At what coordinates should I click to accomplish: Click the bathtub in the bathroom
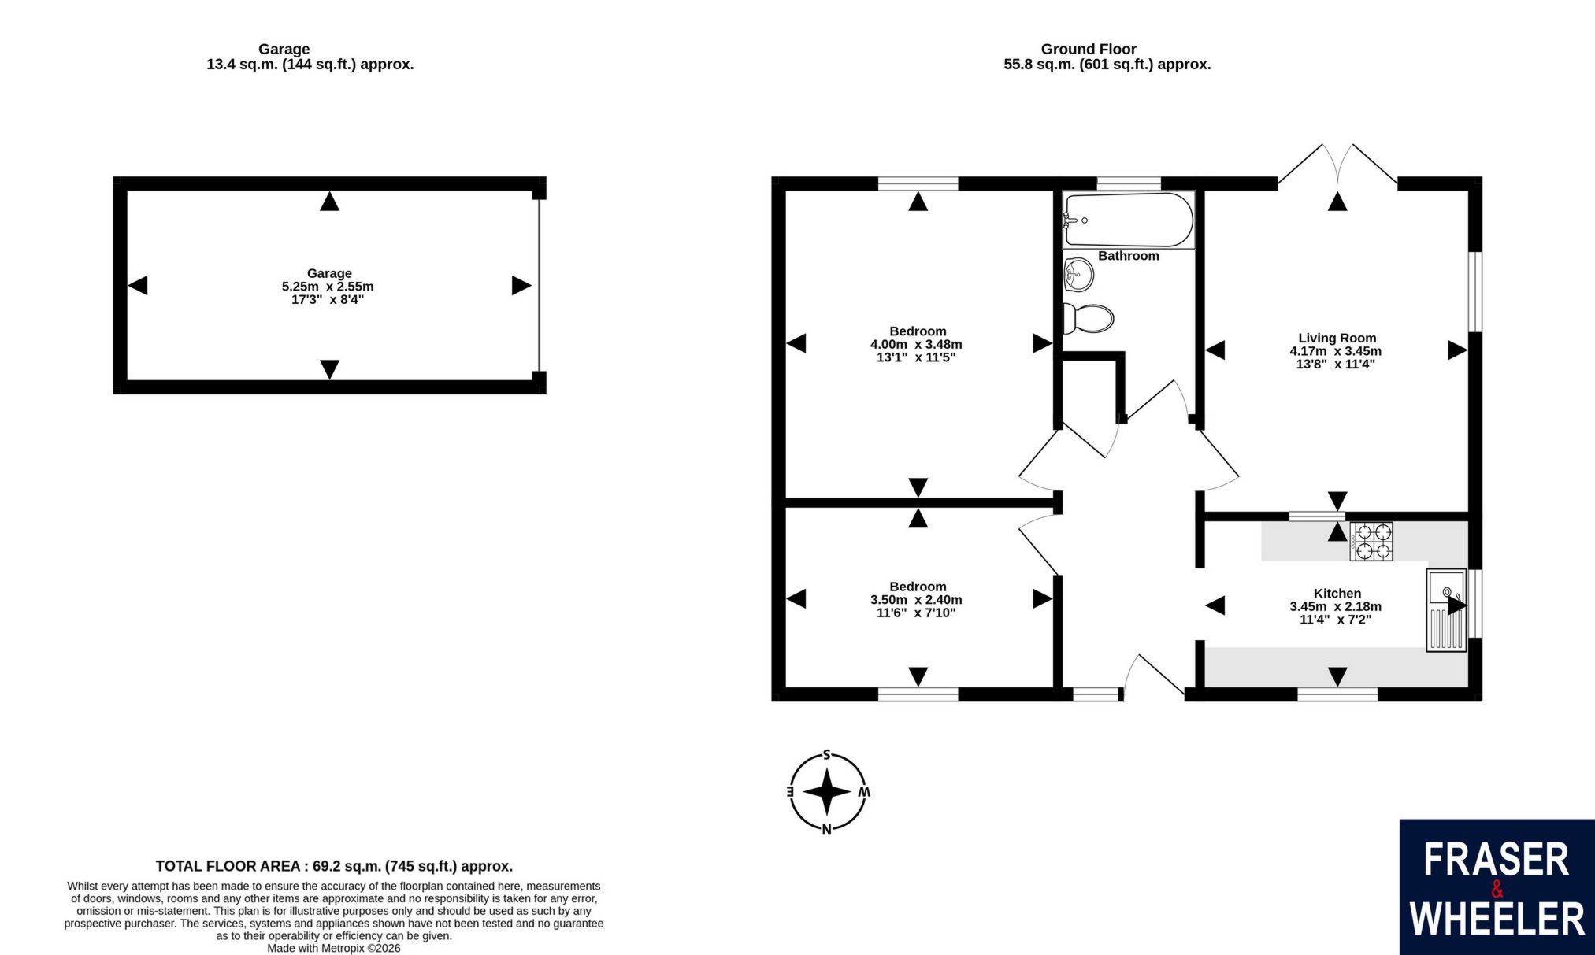click(1129, 220)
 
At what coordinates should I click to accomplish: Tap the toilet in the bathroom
click(1088, 319)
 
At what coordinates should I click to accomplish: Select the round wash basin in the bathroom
click(1078, 275)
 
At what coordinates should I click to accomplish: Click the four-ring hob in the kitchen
click(1371, 542)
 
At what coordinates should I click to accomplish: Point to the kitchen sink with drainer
click(1446, 610)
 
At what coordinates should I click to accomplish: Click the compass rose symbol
click(828, 792)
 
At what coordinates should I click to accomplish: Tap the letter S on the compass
click(827, 754)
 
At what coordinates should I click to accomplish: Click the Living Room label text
click(1337, 338)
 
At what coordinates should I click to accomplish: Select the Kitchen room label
click(1337, 593)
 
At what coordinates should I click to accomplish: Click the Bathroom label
click(1129, 256)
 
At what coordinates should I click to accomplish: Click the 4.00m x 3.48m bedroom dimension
click(916, 344)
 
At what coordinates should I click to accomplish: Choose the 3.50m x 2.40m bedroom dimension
click(916, 599)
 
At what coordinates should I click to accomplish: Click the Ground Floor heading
click(1089, 49)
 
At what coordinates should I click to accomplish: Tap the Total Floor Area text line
click(334, 866)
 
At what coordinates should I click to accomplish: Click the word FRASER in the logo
click(1497, 861)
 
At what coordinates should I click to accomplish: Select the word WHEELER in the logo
click(1497, 920)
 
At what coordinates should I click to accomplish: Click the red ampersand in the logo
click(1497, 890)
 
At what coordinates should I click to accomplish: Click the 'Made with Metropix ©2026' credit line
click(334, 949)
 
